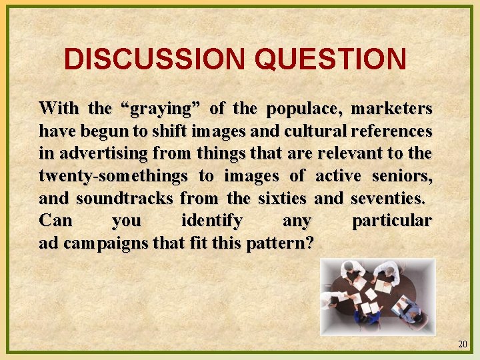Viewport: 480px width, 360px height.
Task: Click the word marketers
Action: click(392, 108)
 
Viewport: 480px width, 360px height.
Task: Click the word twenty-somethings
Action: click(113, 175)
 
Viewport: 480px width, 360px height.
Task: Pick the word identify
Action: click(211, 220)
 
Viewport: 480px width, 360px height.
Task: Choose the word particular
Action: click(391, 220)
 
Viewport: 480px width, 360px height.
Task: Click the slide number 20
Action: click(463, 345)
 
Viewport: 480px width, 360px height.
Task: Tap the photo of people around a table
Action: click(377, 297)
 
